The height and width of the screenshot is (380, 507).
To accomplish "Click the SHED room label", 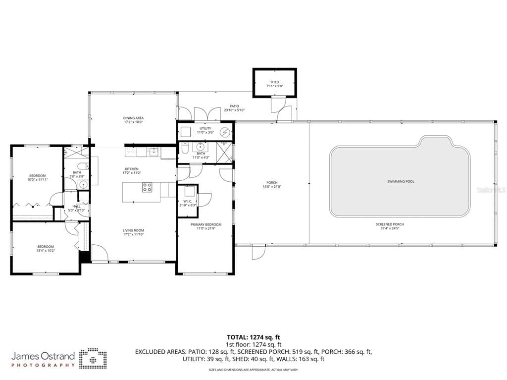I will pos(274,82).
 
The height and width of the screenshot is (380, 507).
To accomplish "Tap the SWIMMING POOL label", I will pos(401,181).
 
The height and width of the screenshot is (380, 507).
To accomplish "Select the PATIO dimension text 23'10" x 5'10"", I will pos(234,110).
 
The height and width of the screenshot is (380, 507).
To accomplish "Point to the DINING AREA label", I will pos(133,118).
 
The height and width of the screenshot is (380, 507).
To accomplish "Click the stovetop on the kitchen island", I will pos(148,187).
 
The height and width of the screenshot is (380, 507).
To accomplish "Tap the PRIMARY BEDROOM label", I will pos(206,224).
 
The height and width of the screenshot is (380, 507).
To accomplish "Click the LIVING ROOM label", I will pos(133,230).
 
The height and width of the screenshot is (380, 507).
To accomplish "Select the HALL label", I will pos(77,206).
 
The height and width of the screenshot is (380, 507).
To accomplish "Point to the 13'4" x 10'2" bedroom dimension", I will pos(46,251).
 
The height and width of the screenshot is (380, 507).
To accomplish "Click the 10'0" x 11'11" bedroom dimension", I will pos(37,180).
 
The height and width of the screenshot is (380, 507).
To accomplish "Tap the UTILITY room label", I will pos(205,128).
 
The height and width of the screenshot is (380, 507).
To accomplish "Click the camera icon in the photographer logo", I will pos(93,358).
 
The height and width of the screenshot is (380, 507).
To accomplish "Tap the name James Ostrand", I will pos(43,356).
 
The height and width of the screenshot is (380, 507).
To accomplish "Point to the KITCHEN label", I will pos(132,169).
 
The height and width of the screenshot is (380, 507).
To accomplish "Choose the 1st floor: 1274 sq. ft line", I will pos(253,344).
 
